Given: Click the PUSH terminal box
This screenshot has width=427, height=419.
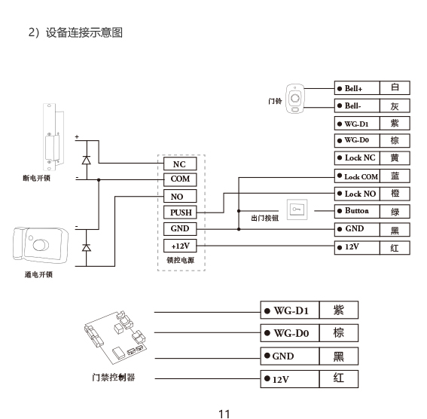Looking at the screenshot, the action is point(180,213).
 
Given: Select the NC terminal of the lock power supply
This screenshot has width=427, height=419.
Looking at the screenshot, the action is point(180,164).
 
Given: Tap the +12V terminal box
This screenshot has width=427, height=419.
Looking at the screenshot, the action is point(180,246).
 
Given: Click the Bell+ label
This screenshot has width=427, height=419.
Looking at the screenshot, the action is point(353,88).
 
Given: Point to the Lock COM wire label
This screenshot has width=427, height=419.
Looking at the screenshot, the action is point(361,177).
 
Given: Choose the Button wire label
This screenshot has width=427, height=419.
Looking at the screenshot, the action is point(357,210).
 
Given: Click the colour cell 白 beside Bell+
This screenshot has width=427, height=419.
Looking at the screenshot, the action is point(395,87).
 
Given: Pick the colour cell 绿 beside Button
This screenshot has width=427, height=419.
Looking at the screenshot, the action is point(395,212).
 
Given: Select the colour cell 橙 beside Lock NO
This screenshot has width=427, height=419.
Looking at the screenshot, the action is point(395,194).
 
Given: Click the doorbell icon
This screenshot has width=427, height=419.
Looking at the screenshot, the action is point(295,99).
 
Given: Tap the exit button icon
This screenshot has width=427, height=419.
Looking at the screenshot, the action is point(297,209).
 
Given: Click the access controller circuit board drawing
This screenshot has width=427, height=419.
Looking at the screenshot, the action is point(115,338).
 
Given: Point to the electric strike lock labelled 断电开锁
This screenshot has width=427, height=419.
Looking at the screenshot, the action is point(53,137).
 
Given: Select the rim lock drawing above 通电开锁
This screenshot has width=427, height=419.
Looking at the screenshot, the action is point(41,245).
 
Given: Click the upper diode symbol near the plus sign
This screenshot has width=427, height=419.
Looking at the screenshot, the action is point(87,161).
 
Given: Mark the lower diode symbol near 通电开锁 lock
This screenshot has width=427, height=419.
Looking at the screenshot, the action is point(87,247).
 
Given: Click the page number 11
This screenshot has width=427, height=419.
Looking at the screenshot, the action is point(224,414).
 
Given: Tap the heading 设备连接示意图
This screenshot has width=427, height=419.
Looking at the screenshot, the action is point(84,32).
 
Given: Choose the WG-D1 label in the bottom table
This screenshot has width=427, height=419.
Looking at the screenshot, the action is point(291,310).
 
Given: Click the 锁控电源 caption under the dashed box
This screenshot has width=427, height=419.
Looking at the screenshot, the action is point(180,260).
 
